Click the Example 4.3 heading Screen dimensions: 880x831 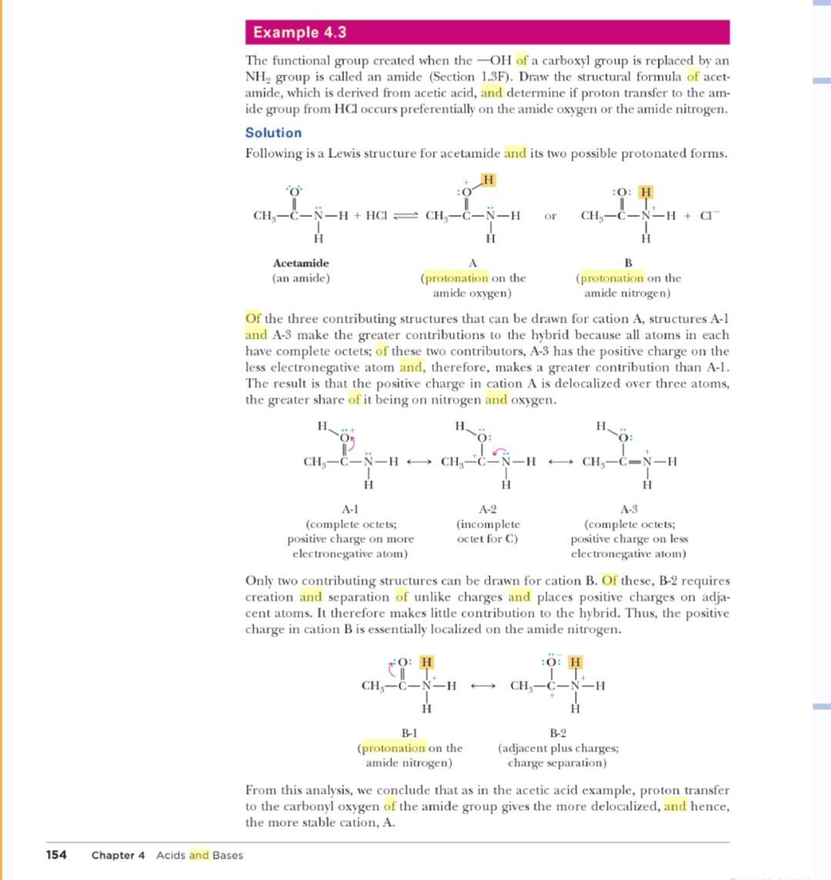coord(299,32)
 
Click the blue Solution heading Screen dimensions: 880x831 coord(273,132)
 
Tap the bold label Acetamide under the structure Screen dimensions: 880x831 coord(301,263)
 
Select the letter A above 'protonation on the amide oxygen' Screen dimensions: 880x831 coord(473,262)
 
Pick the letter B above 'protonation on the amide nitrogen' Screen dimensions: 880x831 coord(627,262)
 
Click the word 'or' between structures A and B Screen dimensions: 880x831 coord(550,216)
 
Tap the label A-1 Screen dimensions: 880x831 coord(351,508)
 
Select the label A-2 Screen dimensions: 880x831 coord(488,508)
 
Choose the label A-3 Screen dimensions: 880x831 coord(629,508)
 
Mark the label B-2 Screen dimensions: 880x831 coord(557,733)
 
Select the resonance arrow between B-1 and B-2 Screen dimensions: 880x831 coord(483,685)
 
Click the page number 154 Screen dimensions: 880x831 coord(56,855)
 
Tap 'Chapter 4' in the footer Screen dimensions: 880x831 coord(118,855)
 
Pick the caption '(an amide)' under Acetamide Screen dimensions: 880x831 coord(301,278)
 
